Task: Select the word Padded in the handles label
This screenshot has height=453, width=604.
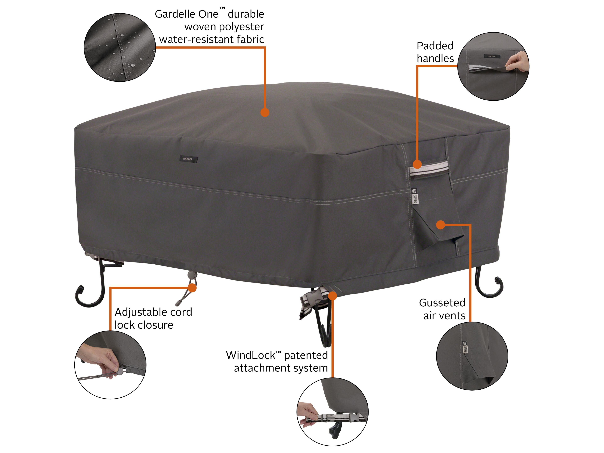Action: tap(435, 46)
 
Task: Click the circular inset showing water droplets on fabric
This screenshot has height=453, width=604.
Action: tap(120, 47)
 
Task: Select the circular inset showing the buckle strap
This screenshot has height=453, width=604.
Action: tap(332, 412)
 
